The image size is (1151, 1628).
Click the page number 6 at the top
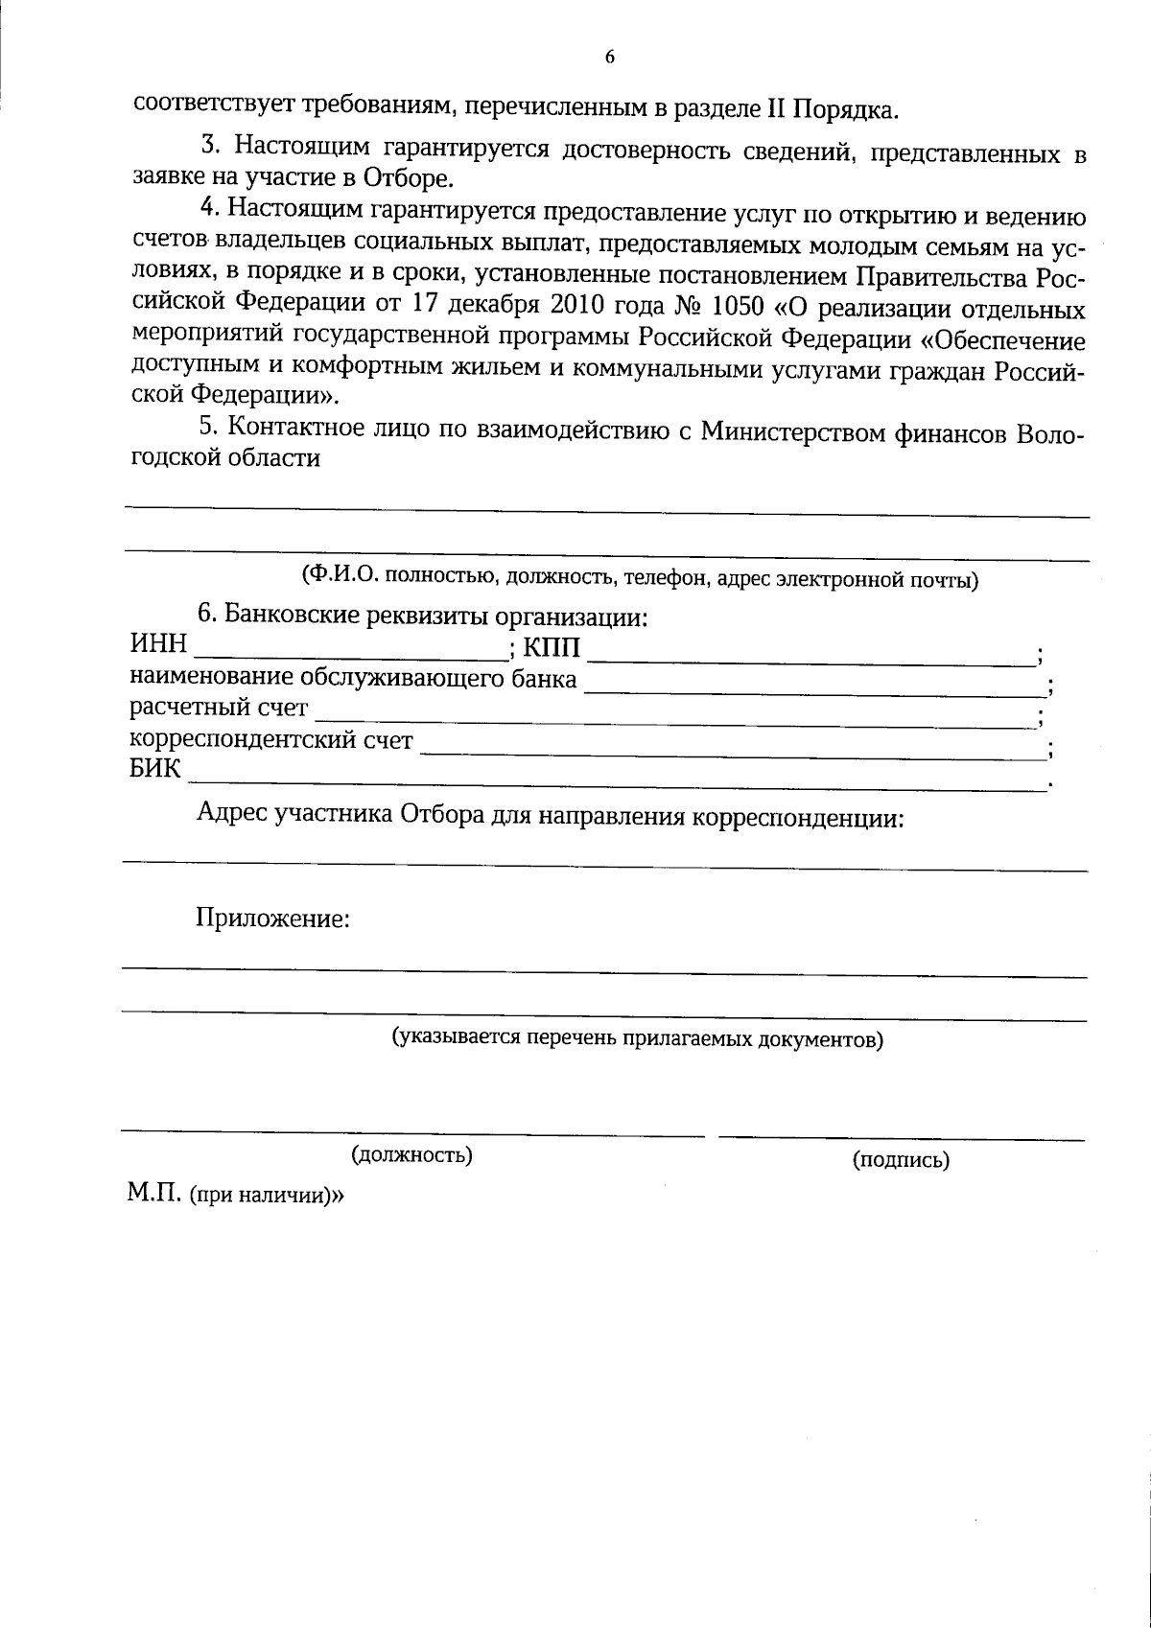click(609, 57)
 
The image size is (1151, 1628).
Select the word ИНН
click(157, 643)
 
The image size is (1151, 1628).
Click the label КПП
click(552, 648)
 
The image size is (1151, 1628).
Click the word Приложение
click(272, 919)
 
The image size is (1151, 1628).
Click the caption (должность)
click(412, 1154)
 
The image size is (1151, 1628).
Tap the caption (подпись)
click(901, 1160)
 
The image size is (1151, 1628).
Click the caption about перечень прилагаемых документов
click(637, 1038)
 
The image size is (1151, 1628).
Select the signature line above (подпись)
click(901, 1138)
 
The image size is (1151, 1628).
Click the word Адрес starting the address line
click(232, 816)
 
